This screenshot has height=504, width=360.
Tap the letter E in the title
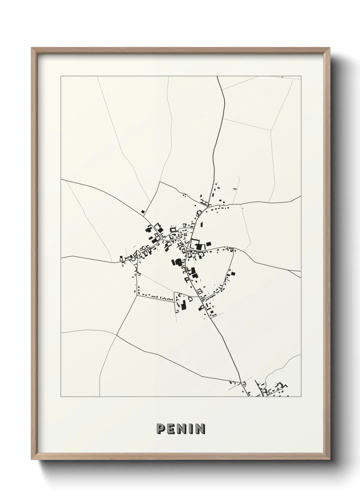pyautogui.click(x=171, y=428)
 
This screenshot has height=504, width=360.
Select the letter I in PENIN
pyautogui.click(x=191, y=428)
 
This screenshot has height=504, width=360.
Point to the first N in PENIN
pyautogui.click(x=182, y=428)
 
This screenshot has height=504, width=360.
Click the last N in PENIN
pyautogui.click(x=200, y=428)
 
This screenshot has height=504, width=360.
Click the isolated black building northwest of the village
pyautogui.click(x=143, y=212)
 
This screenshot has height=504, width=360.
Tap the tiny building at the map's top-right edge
pyautogui.click(x=282, y=77)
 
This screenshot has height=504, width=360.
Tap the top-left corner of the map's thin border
pyautogui.click(x=61, y=76)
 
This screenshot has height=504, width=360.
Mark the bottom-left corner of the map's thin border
pyautogui.click(x=61, y=397)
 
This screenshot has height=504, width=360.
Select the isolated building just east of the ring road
pyautogui.click(x=233, y=273)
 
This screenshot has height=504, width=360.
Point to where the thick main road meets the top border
pyautogui.click(x=218, y=77)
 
